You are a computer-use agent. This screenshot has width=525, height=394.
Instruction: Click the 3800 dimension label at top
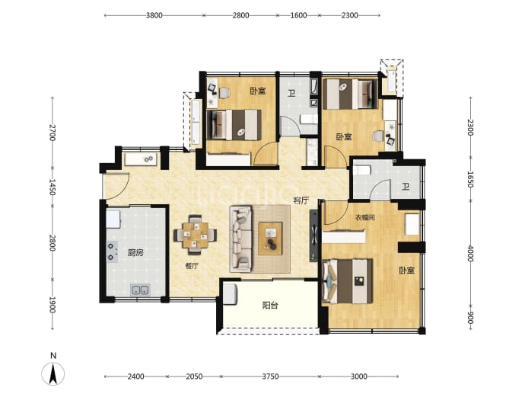tap(154, 15)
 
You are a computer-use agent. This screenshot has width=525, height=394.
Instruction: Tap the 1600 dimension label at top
tap(298, 15)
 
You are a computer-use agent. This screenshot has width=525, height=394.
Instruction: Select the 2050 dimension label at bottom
tap(194, 376)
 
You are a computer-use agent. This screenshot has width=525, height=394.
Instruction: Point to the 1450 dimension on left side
tap(52, 187)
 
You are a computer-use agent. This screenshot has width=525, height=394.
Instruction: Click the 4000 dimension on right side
tap(470, 254)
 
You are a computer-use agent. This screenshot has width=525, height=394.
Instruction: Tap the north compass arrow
tap(53, 373)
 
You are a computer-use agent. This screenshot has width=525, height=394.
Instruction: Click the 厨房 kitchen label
tap(135, 252)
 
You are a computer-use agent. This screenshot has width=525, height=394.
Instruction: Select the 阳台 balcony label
tap(270, 305)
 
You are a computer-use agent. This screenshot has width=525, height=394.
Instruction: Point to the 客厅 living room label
tap(301, 200)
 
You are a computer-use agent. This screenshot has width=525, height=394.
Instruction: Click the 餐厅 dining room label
tap(192, 266)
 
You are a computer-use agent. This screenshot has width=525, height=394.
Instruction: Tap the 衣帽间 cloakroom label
tap(365, 218)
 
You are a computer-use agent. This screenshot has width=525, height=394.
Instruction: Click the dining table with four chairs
tap(196, 235)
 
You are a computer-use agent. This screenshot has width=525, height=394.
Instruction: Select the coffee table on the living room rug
tap(270, 239)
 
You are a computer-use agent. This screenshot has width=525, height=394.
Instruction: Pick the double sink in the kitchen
tap(140, 290)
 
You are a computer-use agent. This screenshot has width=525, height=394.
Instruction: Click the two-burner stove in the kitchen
tap(112, 251)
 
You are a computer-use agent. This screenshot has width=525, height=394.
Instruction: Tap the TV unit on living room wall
tap(313, 235)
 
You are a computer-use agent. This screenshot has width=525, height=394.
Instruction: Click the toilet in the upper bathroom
tap(308, 119)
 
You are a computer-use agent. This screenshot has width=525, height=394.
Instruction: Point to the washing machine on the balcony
tap(230, 294)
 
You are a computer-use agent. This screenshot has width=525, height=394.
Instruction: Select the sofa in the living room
tap(240, 239)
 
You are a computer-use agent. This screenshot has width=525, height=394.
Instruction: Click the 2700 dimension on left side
tap(52, 133)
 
